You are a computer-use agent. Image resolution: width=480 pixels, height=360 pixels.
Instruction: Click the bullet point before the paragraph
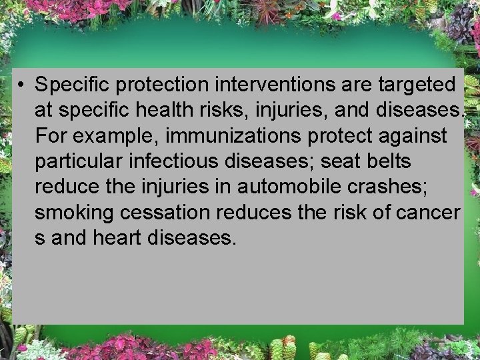tap(22, 85)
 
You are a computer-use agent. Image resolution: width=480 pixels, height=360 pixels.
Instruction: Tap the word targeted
tap(417, 85)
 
